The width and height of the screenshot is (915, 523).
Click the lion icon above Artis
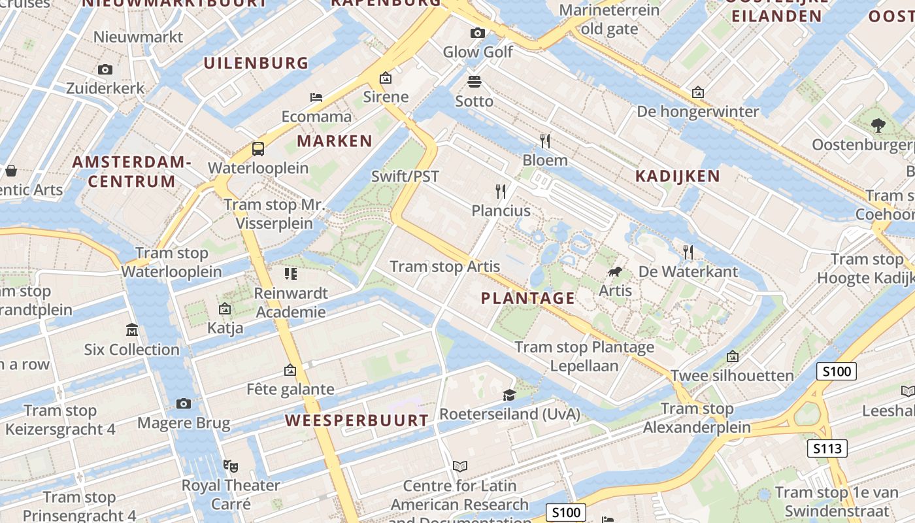[x=614, y=272]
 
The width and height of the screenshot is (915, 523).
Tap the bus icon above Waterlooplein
[x=258, y=149]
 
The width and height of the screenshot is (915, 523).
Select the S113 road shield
[x=827, y=448]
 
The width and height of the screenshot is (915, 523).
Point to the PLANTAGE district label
[x=528, y=299]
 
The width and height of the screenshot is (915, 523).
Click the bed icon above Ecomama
[x=316, y=97]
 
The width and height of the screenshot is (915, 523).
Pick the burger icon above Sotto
[x=474, y=82]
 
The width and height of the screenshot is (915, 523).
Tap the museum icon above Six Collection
[x=132, y=330]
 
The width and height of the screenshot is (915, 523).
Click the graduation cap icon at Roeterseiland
[x=509, y=395]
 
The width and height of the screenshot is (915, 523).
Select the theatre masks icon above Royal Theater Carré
[x=230, y=465]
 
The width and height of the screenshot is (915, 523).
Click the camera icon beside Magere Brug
[x=184, y=403]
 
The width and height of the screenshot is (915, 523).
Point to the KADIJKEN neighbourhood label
[x=678, y=176]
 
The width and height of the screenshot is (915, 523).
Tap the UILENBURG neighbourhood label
[x=256, y=63]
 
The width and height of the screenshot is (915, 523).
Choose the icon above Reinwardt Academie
[x=291, y=273]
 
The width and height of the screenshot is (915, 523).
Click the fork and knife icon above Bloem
[x=545, y=141]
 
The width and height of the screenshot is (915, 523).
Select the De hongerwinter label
[x=698, y=112]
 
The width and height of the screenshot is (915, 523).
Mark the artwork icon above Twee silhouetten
[x=733, y=356]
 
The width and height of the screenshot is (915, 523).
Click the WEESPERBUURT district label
[x=357, y=420]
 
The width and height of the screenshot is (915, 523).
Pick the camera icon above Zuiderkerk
[x=105, y=69]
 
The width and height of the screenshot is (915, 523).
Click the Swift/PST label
[x=405, y=176]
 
